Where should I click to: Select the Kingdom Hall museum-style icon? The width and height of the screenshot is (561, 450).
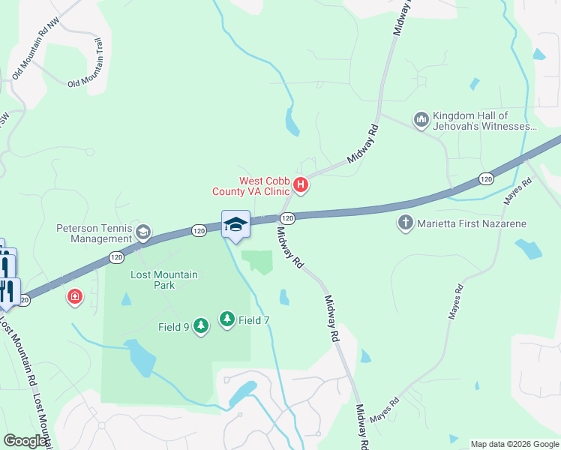[x=420, y=119]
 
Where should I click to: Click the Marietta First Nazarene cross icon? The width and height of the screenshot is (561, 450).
[x=406, y=223]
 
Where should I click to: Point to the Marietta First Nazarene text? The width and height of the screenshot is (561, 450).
[x=472, y=223]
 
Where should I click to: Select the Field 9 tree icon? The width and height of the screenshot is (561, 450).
[x=200, y=326]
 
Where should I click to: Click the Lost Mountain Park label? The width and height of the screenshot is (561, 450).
[x=164, y=280]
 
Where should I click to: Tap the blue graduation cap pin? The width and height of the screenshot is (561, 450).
[x=235, y=224]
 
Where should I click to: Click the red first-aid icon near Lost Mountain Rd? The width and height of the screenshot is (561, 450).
[x=75, y=298]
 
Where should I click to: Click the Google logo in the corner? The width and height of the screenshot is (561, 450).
[x=25, y=441]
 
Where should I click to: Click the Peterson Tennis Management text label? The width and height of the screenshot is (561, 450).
[x=94, y=233]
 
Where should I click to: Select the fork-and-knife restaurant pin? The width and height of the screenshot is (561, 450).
[x=9, y=289]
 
